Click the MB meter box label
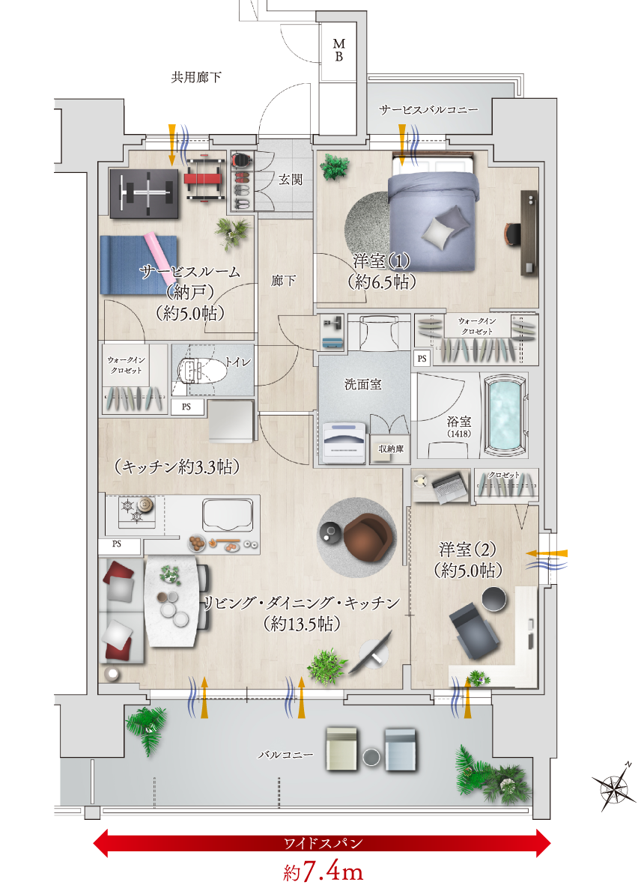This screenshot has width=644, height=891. coord(338,50)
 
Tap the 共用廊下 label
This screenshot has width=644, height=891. coord(196,77)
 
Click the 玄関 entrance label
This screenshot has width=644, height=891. coord(291,180)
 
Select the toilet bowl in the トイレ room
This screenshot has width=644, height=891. coord(197,371)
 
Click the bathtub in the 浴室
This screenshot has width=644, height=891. coord(505,415)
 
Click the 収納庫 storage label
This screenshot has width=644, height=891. coord(391,449)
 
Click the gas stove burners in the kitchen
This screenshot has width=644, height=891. coord(137,509)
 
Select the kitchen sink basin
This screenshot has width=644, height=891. coord(228,515)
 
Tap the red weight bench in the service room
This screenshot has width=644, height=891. coord(204,180)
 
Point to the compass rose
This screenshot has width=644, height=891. coord(615,786)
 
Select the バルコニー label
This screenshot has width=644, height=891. coord(286,755)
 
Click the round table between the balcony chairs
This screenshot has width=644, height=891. coord(371,757)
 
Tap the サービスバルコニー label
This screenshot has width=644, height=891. coord(428,109)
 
